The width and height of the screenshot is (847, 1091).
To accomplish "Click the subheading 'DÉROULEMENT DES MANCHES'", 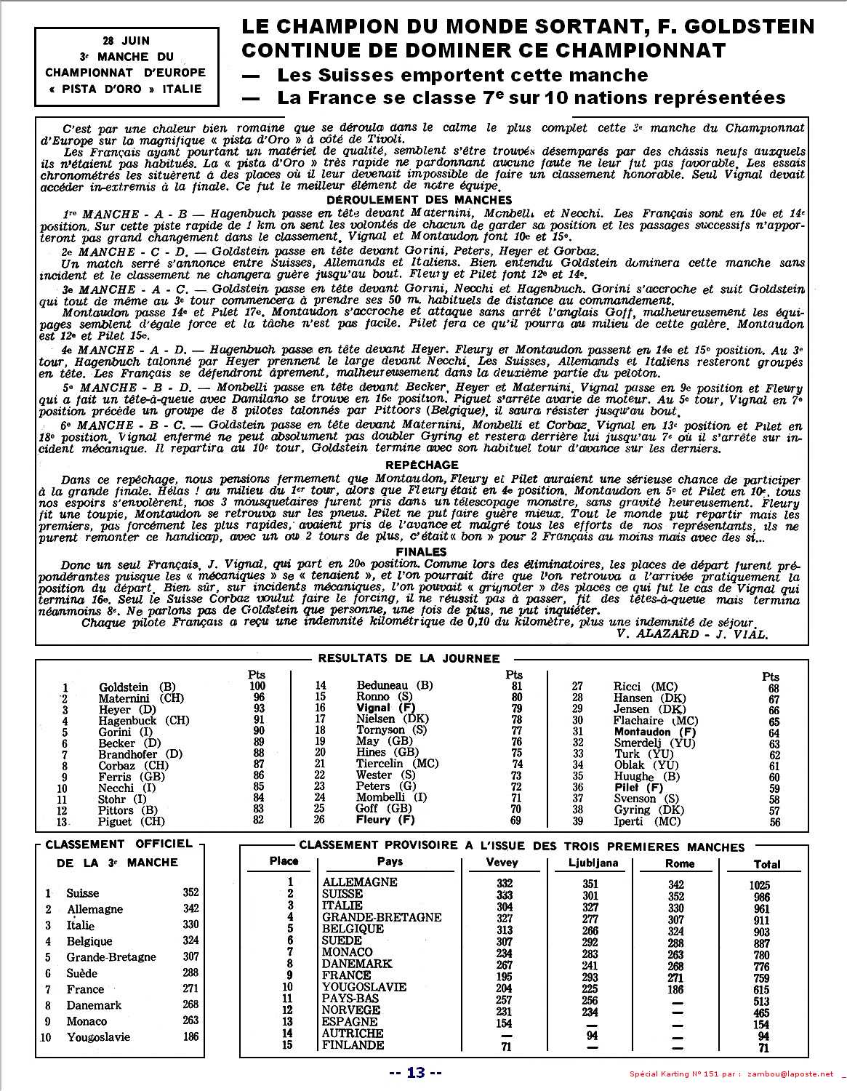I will (x=419, y=200).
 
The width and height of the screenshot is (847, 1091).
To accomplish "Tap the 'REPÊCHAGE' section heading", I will (x=422, y=465).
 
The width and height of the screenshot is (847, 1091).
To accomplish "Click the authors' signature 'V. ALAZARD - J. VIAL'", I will (x=691, y=634).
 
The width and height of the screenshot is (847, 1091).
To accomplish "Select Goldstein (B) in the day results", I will (x=137, y=687).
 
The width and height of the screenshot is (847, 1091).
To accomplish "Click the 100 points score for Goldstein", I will (x=257, y=686).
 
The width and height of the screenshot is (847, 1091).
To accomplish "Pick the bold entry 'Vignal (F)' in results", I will (x=385, y=708).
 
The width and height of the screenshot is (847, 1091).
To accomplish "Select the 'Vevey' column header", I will (x=502, y=863).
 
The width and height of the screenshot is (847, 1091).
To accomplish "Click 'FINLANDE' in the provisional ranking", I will (x=353, y=1045).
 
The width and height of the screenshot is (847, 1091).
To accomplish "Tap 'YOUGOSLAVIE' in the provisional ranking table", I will (x=364, y=987).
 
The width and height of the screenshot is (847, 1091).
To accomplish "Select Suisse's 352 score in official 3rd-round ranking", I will (x=191, y=892).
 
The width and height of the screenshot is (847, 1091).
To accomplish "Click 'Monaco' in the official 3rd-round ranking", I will (x=87, y=1021).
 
